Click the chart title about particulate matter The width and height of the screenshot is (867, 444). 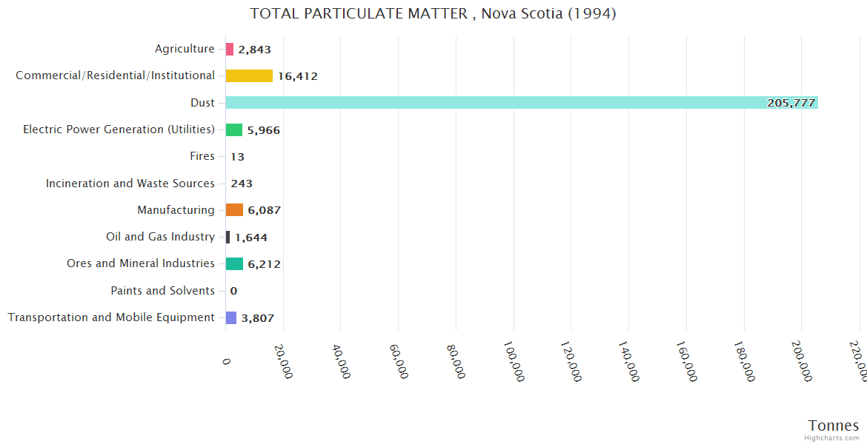coord(433,14)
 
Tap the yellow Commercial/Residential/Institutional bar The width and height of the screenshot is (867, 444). coord(249,75)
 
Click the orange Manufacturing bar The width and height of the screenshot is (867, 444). coord(234,210)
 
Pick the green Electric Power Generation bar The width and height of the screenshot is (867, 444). coord(234,129)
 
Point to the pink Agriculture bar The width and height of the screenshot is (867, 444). coord(230,50)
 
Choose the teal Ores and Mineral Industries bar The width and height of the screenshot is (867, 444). coord(234,264)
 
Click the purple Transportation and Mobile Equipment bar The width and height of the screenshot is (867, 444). coord(231,317)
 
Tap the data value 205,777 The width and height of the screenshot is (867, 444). coord(791,103)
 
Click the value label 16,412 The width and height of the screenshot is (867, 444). coord(298,76)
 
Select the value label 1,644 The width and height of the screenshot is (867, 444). coord(251,238)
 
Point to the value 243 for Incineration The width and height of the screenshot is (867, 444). coord(242,184)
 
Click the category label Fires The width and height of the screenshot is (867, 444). coord(202,156)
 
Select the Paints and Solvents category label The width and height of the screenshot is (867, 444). coord(163,291)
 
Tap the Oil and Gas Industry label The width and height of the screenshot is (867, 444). coord(161,237)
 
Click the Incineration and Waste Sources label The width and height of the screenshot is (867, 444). coord(130,184)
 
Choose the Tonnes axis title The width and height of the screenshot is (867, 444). coord(834,425)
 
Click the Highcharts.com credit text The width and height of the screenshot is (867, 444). coord(832,438)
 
